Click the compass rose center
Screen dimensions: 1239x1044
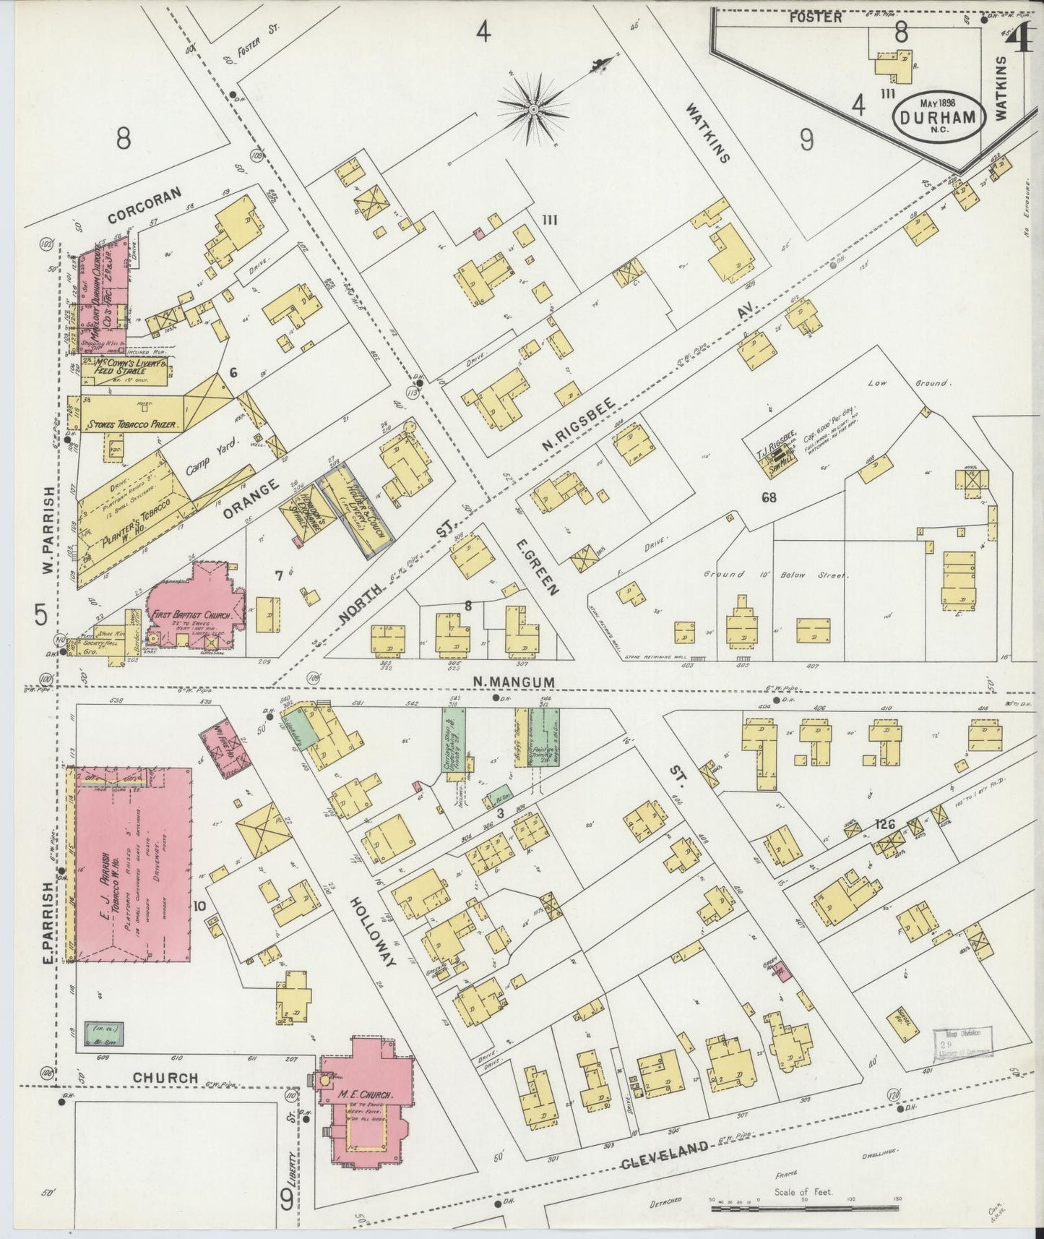pyautogui.click(x=533, y=109)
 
